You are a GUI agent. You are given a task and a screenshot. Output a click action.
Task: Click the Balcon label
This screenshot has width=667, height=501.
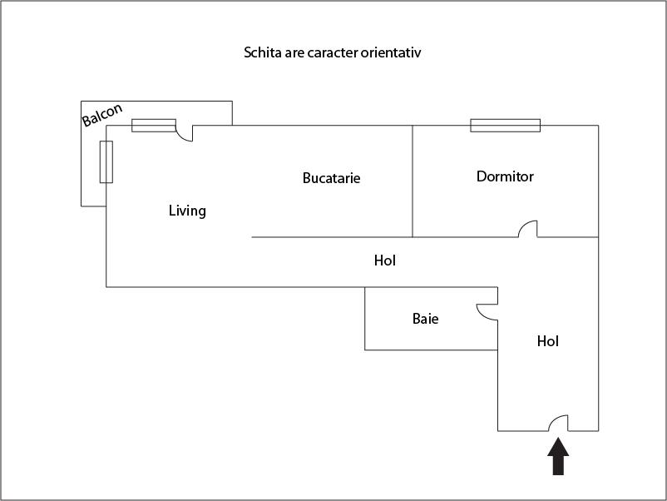click(102, 115)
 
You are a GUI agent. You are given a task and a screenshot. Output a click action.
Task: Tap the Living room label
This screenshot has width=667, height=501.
click(187, 211)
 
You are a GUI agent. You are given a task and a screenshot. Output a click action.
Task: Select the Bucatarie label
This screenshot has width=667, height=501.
click(331, 178)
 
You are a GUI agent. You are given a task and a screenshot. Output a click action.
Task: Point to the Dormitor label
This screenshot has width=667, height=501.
click(505, 176)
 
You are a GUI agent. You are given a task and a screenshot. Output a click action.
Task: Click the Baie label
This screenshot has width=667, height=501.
click(425, 319)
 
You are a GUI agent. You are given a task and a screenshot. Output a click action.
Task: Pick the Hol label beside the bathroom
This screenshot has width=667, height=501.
click(547, 341)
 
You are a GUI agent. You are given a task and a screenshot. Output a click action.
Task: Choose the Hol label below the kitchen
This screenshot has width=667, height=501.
click(384, 260)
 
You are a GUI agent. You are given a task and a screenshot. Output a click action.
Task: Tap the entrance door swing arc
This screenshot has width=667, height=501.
click(558, 422)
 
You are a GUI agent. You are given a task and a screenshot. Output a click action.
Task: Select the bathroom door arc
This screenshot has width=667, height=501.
click(487, 311)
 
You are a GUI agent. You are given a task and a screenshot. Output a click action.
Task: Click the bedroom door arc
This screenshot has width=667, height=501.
click(528, 229)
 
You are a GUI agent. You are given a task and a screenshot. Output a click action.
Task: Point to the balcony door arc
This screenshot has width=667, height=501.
click(184, 133)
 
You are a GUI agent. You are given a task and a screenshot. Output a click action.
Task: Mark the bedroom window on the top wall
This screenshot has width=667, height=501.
click(505, 126)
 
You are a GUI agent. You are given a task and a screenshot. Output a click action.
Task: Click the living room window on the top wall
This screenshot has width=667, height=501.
click(154, 126)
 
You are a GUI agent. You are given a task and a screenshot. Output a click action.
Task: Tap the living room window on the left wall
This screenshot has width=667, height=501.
click(106, 161)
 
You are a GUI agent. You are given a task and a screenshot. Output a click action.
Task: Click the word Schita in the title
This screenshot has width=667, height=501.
click(262, 53)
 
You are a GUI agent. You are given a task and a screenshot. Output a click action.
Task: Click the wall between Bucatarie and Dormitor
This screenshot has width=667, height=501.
click(413, 181)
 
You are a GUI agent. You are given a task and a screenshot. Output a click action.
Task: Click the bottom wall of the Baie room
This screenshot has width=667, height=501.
click(431, 350)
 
